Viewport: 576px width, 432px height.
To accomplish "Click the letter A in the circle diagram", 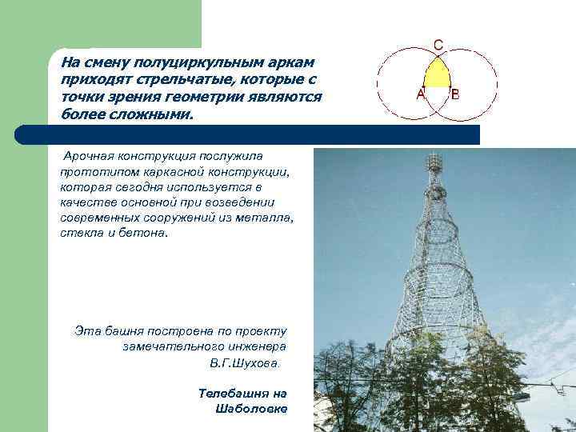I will (420, 94).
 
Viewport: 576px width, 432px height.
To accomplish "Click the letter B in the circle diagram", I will (455, 94).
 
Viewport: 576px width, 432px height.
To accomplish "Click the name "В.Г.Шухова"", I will (245, 362).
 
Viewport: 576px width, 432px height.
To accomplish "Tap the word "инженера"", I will (255, 346).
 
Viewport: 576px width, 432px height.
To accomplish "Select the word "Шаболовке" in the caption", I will (250, 409).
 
